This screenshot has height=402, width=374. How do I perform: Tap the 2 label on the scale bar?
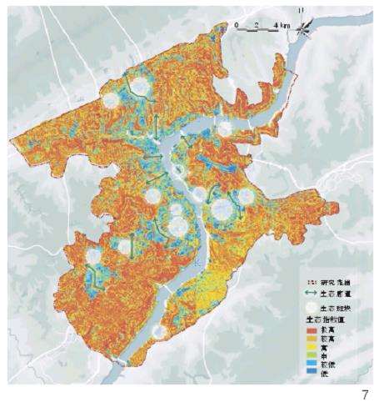point(257,24)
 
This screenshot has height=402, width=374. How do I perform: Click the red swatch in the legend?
point(303,329)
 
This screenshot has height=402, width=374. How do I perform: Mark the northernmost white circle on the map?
point(142,83)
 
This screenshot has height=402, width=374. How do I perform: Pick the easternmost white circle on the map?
point(247,198)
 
